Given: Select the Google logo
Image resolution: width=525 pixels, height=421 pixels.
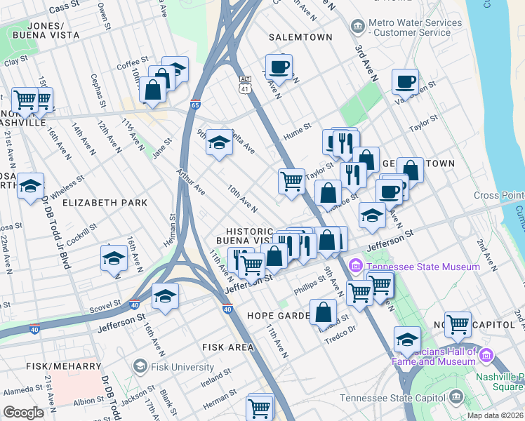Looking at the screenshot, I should pos(24,413).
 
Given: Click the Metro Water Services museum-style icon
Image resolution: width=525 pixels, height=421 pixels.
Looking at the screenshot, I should pos(357,27).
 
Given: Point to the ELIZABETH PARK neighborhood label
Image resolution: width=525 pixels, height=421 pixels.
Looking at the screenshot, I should pos(105,203).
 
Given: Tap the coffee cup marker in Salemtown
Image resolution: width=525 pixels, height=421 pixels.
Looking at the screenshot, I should pos(279,67).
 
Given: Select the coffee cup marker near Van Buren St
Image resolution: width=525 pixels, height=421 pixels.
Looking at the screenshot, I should pos(405,82).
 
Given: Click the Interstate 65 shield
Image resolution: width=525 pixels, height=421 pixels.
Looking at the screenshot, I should pos(196,103).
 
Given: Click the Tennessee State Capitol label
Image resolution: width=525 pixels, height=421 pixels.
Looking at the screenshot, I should pos(391,399).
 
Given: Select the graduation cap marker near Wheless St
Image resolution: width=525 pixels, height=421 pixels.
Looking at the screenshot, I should pos(30,187).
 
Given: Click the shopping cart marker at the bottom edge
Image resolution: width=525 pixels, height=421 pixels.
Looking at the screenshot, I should pos(259,407).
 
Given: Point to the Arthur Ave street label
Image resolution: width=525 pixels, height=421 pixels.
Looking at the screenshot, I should pos(191,180).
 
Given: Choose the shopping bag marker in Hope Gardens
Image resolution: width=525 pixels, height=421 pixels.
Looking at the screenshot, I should pos(324,313).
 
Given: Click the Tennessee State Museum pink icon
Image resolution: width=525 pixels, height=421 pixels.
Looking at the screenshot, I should pos(355,267).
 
